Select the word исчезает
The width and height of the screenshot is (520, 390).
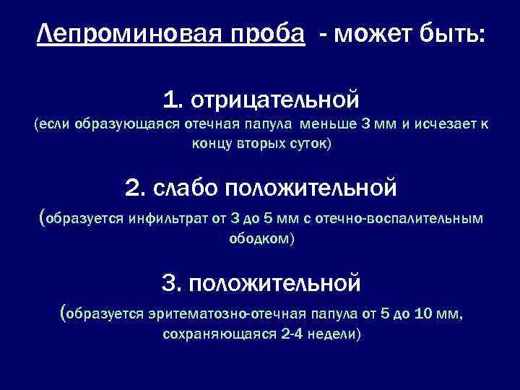444,124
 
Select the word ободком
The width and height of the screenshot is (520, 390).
260,238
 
